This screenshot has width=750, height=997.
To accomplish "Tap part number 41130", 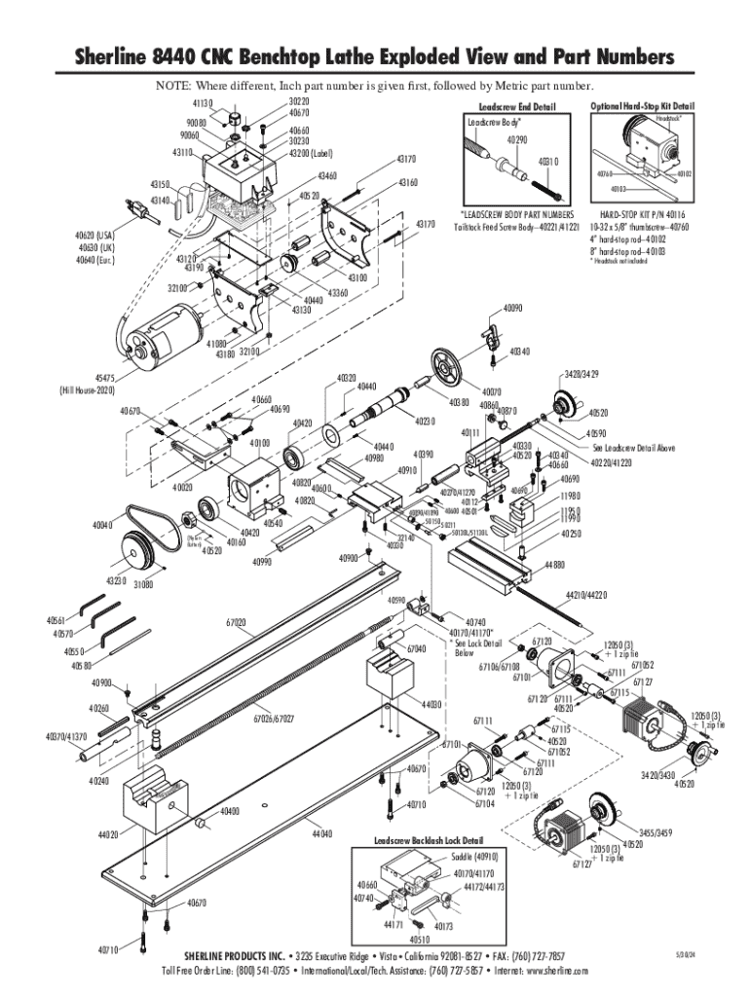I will (x=203, y=102).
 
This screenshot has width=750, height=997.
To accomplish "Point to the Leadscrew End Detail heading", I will (x=516, y=106).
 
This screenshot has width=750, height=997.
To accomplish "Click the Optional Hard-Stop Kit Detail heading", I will (x=643, y=105).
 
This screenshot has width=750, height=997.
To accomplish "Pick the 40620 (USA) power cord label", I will (x=94, y=236).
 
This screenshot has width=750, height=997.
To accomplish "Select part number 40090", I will (x=513, y=310).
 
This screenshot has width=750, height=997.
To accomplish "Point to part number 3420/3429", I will (x=581, y=374).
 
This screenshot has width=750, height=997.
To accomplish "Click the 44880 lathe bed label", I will (x=555, y=564).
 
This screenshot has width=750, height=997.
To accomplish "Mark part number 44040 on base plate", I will (x=322, y=834).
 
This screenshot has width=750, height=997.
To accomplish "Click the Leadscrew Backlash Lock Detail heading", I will (x=429, y=839).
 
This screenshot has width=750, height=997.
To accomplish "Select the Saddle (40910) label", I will (x=474, y=857).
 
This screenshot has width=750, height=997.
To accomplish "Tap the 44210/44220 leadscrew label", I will (x=585, y=594).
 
